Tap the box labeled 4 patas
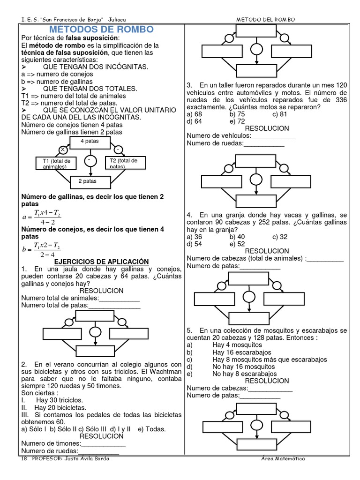click(89, 142)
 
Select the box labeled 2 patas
click(90, 181)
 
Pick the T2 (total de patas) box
click(125, 163)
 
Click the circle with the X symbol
click(61, 150)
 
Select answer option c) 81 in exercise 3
click(280, 114)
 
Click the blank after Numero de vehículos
click(274, 136)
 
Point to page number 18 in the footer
click(24, 458)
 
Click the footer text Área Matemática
click(283, 458)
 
